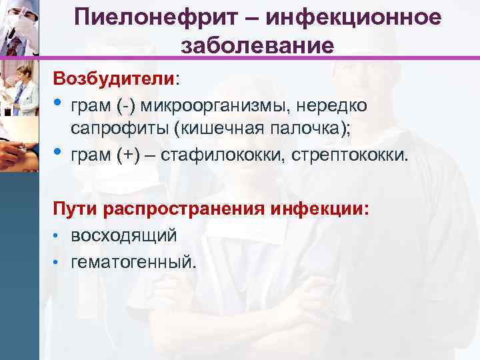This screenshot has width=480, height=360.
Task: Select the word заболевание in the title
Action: (257, 46)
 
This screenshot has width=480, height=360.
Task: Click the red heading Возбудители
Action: (115, 77)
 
